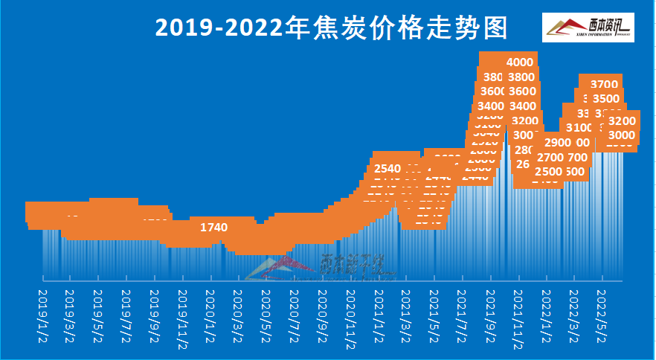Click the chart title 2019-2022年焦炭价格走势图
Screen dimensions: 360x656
click(331, 28)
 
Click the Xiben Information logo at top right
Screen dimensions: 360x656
click(588, 28)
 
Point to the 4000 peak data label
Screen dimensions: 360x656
click(519, 62)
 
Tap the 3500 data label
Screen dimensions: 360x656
click(607, 99)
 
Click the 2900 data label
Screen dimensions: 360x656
click(557, 143)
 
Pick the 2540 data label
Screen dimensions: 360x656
click(388, 167)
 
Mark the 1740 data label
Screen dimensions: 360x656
click(214, 227)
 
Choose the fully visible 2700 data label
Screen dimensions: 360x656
click(550, 157)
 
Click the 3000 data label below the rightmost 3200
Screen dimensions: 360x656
click(622, 135)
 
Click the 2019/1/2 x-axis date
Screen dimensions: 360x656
click(42, 315)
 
